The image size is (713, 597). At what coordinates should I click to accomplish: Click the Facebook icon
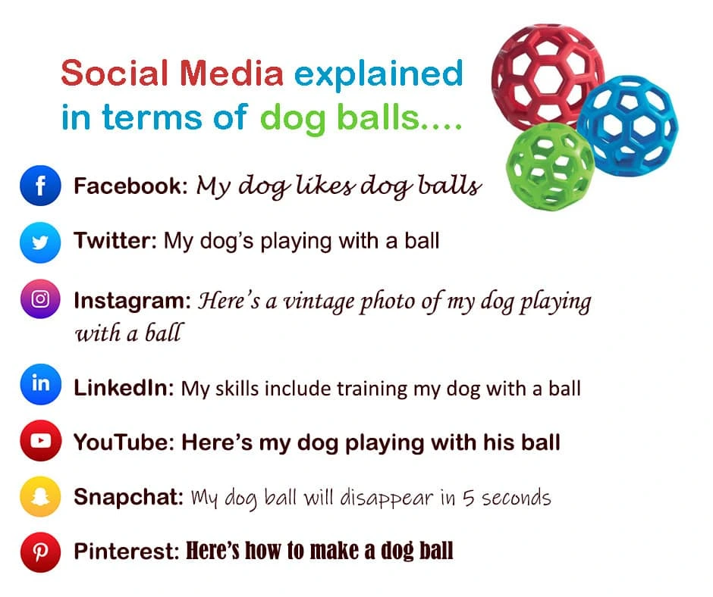40,186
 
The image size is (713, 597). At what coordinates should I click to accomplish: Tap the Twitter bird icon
40,242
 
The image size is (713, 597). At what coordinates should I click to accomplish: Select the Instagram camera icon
40,299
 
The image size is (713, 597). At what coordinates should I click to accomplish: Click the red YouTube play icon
40,441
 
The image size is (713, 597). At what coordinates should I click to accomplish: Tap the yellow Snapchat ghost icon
40,497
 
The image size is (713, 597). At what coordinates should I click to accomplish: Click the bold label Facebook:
130,186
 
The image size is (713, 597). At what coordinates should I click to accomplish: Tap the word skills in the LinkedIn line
236,389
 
